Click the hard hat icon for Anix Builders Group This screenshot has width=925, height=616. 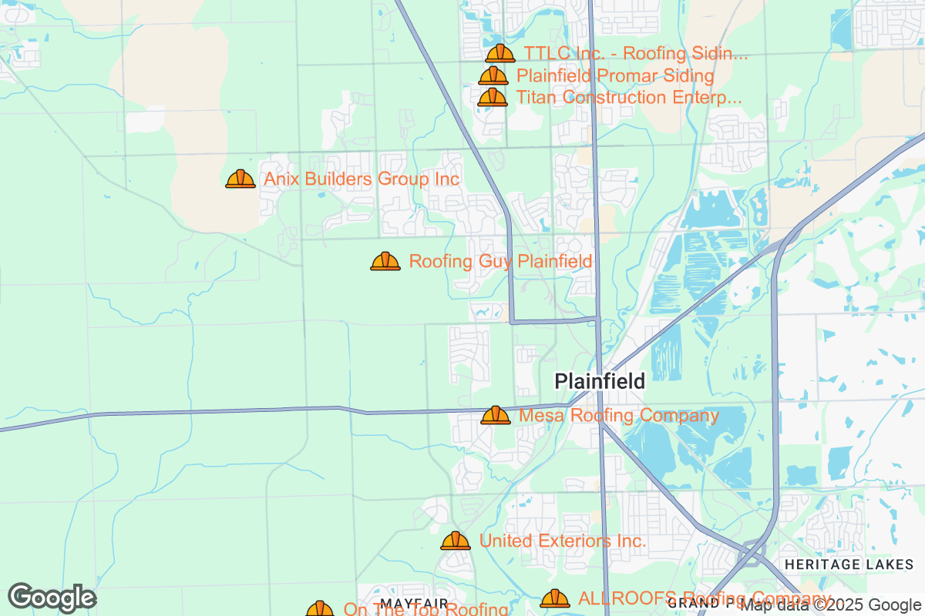(240, 179)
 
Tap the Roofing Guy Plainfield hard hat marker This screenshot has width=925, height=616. (385, 262)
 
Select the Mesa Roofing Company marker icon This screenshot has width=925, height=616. (496, 416)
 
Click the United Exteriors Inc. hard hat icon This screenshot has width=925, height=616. (456, 541)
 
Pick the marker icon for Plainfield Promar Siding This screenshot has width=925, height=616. (493, 76)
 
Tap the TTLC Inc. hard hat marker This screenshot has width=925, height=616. (500, 54)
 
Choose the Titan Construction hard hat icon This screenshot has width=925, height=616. (493, 98)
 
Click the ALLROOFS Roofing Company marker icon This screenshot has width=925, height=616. (555, 599)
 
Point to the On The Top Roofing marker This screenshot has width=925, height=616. (320, 609)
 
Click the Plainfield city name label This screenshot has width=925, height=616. (600, 381)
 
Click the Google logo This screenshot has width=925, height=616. (52, 598)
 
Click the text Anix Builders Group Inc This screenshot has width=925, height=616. (362, 179)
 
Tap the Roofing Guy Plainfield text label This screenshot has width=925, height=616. (500, 262)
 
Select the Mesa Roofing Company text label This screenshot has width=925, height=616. (618, 416)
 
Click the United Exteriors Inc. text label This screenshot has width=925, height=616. (563, 541)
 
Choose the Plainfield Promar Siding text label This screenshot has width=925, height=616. (615, 76)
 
